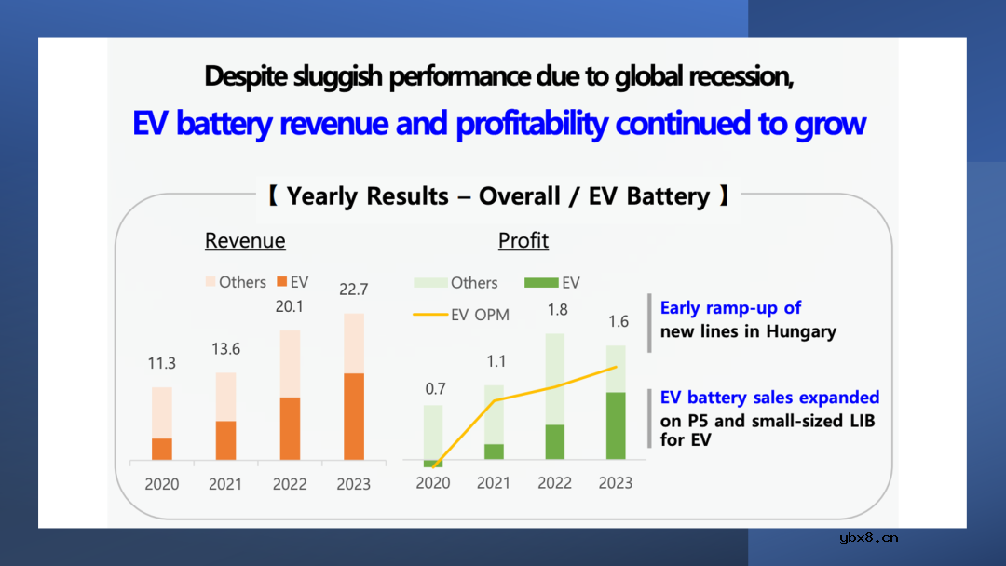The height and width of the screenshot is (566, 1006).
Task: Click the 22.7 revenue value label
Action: [353, 290]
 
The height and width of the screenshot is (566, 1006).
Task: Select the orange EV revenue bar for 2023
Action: [353, 416]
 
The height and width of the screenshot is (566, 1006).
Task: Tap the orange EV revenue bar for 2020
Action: [162, 449]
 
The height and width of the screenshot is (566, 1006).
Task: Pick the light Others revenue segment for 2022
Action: [290, 363]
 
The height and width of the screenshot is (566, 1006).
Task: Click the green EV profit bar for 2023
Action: [616, 425]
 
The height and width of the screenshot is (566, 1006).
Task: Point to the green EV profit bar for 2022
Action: [554, 441]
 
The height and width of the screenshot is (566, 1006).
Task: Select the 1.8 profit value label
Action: [557, 310]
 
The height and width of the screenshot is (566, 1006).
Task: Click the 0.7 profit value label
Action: [435, 388]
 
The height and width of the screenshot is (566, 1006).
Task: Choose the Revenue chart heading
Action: [245, 241]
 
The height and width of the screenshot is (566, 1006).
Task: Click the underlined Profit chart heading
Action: [523, 241]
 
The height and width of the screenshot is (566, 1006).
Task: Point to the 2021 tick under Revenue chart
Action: [225, 484]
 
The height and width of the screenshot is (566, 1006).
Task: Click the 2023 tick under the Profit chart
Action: [616, 483]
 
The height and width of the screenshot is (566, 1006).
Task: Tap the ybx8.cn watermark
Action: [869, 537]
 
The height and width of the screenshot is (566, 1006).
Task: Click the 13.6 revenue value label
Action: [225, 349]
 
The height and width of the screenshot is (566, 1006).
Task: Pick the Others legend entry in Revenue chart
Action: [236, 282]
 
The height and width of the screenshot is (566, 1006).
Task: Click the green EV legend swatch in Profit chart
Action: [541, 282]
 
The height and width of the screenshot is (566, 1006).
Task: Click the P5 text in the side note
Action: [700, 421]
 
